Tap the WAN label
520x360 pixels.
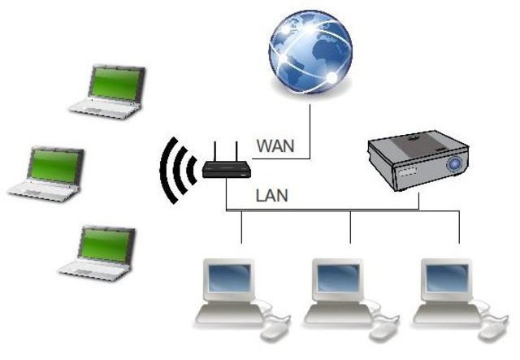[x=275, y=147]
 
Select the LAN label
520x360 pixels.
[x=271, y=195]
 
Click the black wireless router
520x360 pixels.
[x=227, y=169]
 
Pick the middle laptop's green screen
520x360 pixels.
[x=55, y=164]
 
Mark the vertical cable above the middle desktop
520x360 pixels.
[x=350, y=227]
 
